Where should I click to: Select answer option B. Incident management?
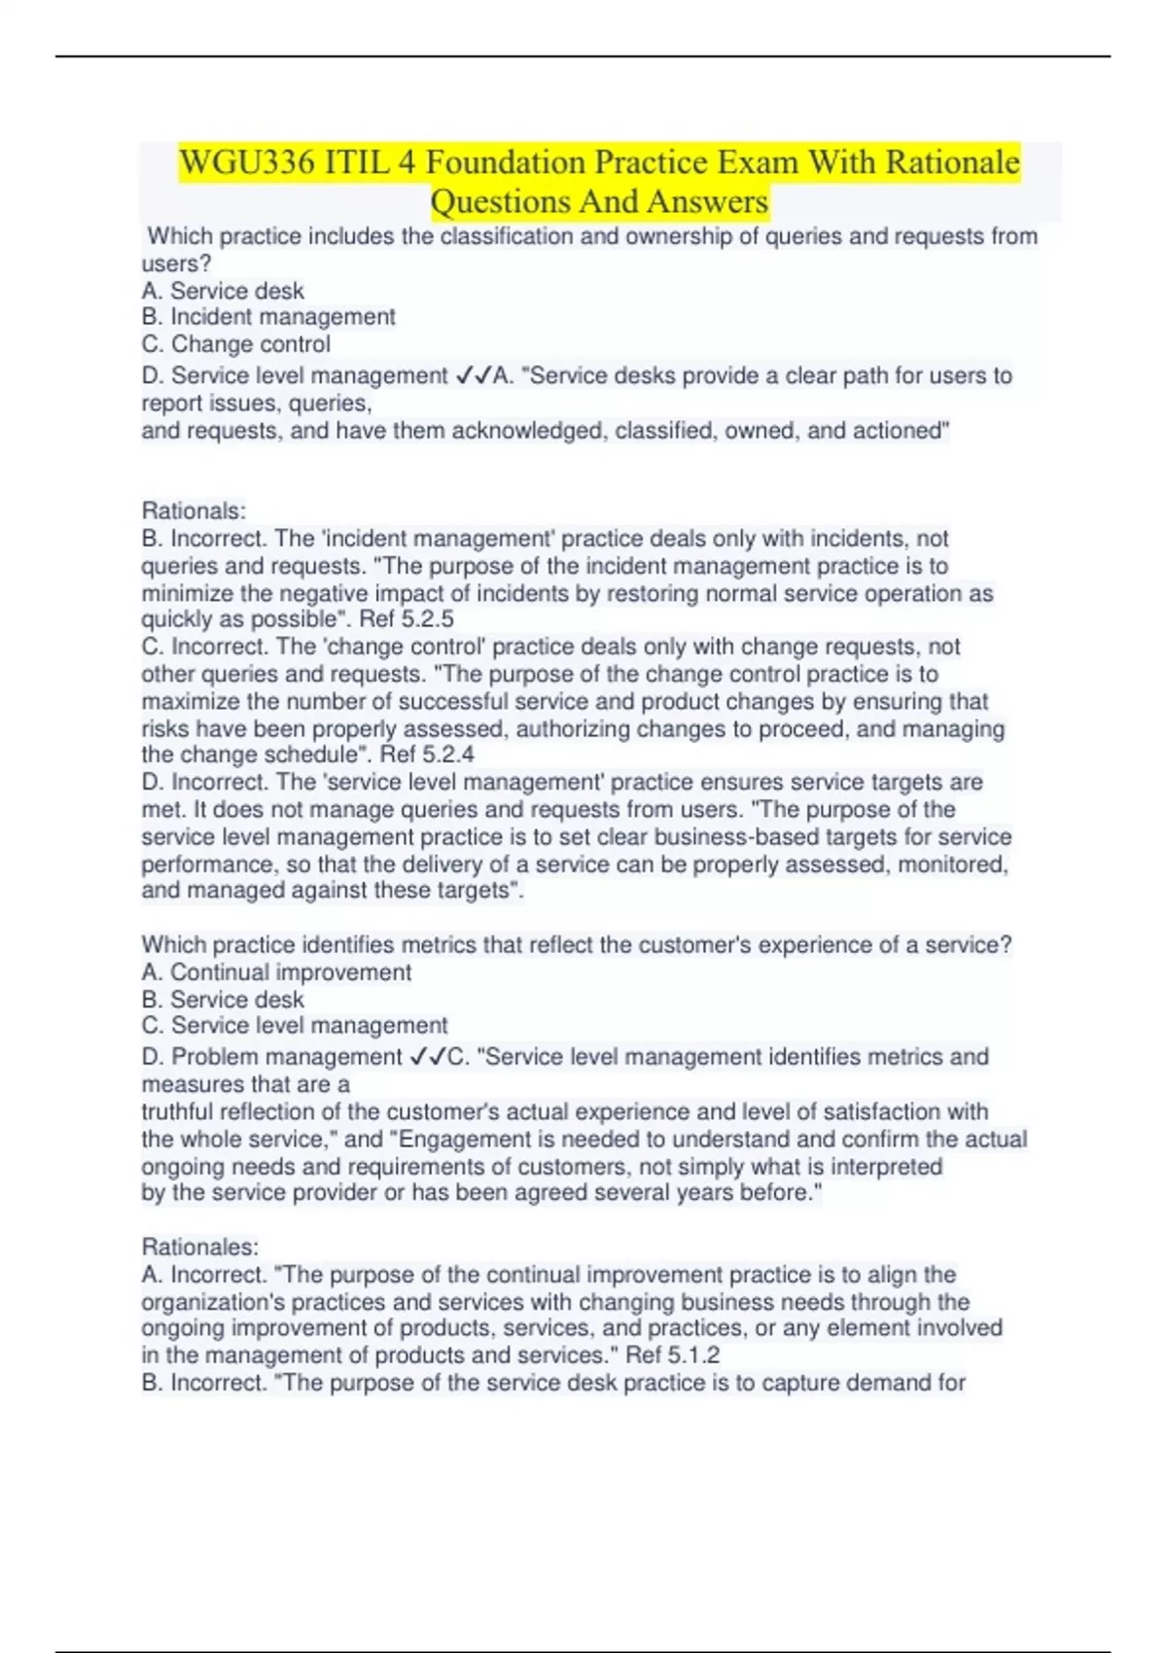point(268,317)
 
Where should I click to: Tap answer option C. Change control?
point(236,344)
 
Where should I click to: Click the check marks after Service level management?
point(474,375)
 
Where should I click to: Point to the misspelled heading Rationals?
point(194,510)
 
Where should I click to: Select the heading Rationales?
point(200,1247)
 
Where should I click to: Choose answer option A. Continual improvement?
point(276,972)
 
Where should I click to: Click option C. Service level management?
point(295,1026)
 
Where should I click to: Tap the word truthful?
point(178,1111)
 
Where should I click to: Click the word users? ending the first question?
point(176,264)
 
